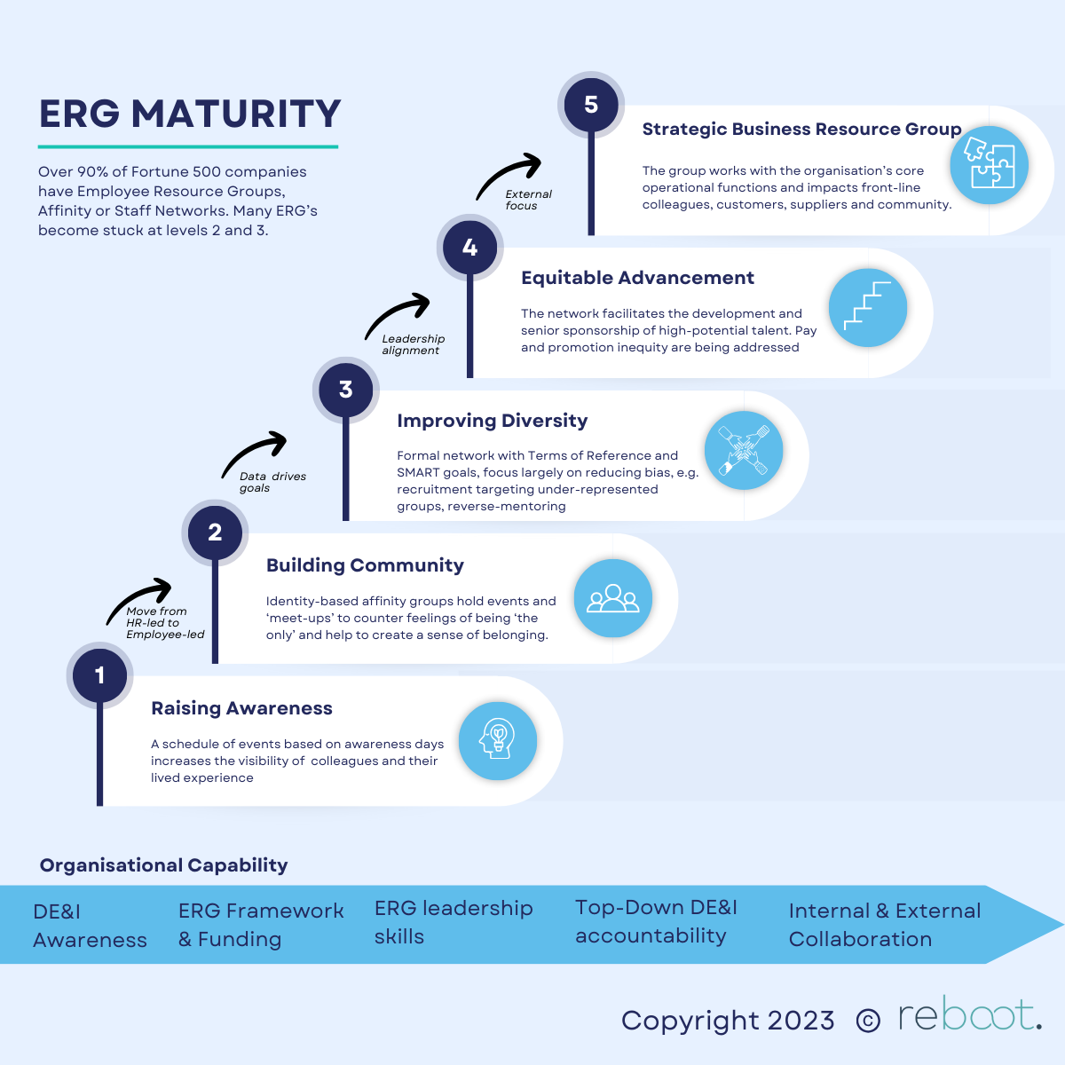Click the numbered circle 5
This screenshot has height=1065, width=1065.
(591, 105)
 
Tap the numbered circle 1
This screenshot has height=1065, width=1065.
(99, 675)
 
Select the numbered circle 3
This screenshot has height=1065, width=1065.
(346, 390)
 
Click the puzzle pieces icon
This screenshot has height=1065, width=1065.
(989, 165)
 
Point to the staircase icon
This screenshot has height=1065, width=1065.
(867, 307)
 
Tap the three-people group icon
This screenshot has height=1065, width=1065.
(612, 599)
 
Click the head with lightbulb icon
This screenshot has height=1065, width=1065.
(497, 740)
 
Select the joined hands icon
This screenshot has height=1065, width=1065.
(743, 451)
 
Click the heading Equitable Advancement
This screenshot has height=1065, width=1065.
(637, 278)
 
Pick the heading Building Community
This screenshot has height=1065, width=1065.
(365, 565)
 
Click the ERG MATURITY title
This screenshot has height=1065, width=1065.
(190, 114)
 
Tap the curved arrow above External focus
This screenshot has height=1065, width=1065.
(509, 175)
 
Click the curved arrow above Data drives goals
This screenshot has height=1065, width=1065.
(254, 454)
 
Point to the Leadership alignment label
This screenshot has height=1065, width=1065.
(413, 344)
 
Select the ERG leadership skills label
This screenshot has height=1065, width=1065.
(453, 922)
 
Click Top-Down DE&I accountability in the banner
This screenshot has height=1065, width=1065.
(656, 921)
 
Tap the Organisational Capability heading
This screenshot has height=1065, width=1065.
(163, 865)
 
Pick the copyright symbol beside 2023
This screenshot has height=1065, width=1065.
(867, 1022)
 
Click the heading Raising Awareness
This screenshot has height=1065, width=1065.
(241, 708)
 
